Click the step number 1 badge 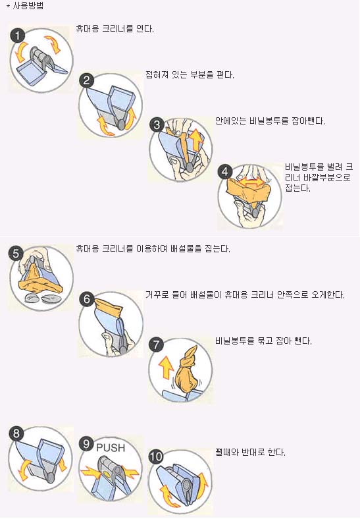click(x=18, y=36)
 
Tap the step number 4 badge click(x=224, y=172)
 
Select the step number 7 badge click(x=156, y=345)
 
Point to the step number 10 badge click(x=155, y=456)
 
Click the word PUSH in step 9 click(x=111, y=448)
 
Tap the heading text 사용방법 click(x=28, y=6)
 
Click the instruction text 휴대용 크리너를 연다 click(x=115, y=29)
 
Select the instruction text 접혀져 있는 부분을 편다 click(x=190, y=74)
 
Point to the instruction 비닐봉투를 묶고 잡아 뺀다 click(x=264, y=341)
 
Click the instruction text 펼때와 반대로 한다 click(x=250, y=452)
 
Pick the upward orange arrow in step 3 click(x=196, y=140)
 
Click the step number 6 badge click(x=87, y=298)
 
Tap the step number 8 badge click(x=16, y=433)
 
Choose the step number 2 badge click(x=86, y=80)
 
